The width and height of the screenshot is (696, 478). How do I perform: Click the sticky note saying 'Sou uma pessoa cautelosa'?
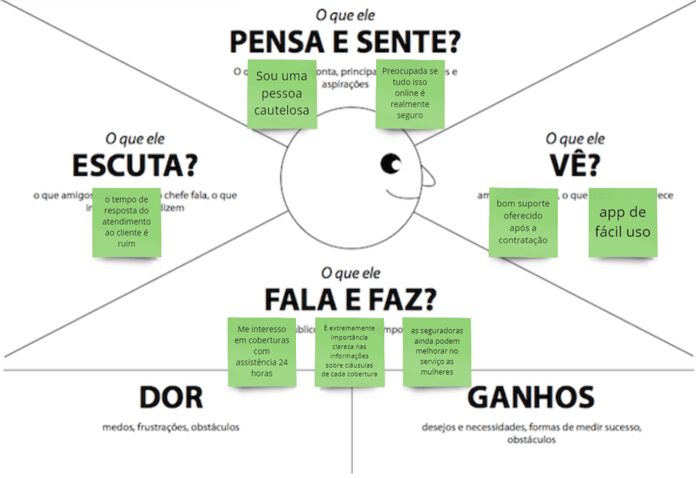[x=282, y=94]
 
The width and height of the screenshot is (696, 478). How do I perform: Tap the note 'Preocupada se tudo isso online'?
[x=410, y=94]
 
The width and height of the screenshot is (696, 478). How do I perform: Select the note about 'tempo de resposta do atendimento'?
[x=127, y=222]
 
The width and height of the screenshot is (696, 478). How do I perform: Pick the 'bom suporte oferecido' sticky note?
[x=523, y=222]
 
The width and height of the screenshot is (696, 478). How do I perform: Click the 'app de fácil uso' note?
[x=623, y=222]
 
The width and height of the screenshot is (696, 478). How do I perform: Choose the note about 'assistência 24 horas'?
[x=262, y=351]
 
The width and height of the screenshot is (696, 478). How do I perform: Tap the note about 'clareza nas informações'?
[x=349, y=352]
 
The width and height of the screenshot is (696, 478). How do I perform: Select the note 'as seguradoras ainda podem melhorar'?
[x=437, y=351]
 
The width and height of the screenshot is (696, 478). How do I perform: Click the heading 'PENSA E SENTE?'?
[x=345, y=42]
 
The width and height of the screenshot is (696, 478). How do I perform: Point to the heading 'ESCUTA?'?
[x=135, y=166]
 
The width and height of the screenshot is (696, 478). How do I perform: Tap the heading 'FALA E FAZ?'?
[x=350, y=299]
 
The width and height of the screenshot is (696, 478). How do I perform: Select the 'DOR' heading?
[x=171, y=398]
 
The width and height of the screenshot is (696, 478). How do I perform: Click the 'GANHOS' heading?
[x=531, y=398]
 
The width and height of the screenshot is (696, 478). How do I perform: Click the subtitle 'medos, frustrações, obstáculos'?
[x=171, y=427]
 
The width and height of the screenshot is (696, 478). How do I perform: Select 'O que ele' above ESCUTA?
[x=135, y=139]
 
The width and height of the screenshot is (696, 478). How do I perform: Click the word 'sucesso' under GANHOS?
[x=621, y=427]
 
